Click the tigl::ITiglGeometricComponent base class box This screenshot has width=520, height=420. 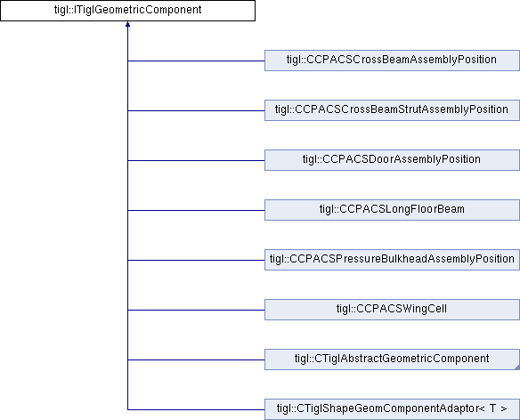127,11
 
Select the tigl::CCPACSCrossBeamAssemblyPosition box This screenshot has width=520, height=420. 392,61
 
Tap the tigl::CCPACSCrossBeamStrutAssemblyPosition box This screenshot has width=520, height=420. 392,110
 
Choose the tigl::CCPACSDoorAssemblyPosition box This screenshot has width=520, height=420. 392,160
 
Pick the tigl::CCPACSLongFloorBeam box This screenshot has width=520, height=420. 392,210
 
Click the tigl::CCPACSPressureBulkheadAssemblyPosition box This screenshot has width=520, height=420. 392,260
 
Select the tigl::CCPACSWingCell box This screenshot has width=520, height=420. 392,310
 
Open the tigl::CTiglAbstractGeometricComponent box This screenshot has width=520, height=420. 392,359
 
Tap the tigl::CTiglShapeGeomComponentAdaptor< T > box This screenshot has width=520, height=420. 392,409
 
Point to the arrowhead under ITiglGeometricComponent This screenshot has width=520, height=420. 127,24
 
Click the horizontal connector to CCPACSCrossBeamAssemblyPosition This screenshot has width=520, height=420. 196,61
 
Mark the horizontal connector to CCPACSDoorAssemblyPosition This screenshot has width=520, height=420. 196,160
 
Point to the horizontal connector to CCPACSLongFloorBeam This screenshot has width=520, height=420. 196,210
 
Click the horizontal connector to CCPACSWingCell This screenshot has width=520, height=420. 196,310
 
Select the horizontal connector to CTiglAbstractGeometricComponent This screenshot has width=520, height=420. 196,359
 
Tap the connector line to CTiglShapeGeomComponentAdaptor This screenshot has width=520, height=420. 196,409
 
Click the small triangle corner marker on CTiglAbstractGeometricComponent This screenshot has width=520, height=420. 517,367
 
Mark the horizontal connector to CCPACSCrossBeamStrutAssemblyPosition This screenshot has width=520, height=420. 196,110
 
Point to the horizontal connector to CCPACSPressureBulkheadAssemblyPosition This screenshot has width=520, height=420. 196,260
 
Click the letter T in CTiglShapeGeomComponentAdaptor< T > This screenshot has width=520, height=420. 492,408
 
